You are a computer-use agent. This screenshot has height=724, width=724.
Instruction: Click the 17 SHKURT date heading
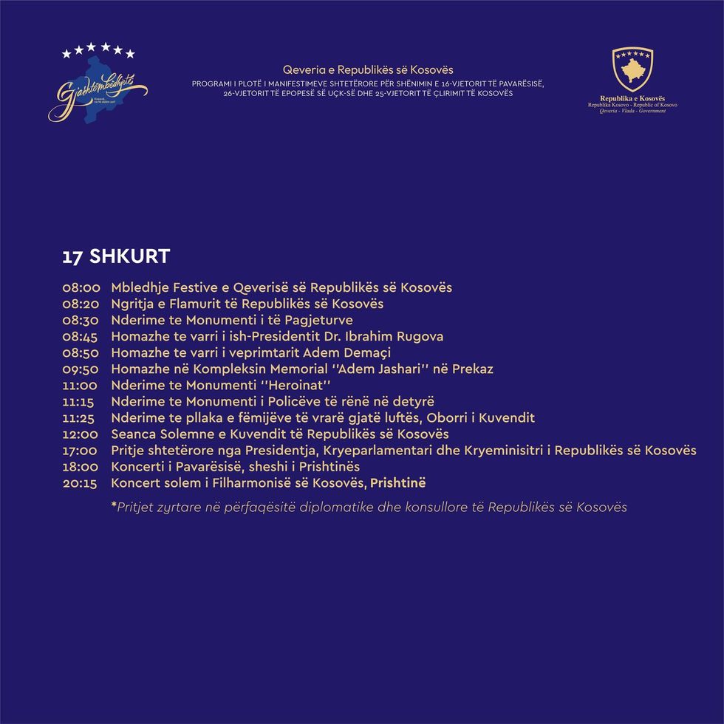[116, 257]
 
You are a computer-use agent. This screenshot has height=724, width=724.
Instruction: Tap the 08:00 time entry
[81, 288]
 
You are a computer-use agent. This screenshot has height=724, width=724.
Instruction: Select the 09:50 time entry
[81, 369]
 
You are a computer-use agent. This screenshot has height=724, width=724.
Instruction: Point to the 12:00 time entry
[81, 434]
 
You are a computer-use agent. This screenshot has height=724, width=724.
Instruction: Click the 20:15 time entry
[81, 484]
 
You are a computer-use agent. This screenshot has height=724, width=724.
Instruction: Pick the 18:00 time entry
[81, 468]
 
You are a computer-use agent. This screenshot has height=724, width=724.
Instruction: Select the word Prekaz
[471, 369]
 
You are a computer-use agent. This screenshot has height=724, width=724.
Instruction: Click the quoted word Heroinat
[292, 386]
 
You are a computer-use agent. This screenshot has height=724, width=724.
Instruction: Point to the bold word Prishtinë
[398, 484]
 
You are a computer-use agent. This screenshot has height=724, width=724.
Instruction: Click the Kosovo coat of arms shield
[632, 69]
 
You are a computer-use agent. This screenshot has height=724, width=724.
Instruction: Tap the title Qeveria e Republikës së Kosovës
[368, 70]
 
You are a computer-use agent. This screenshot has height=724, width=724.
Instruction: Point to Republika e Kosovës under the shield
[632, 98]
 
